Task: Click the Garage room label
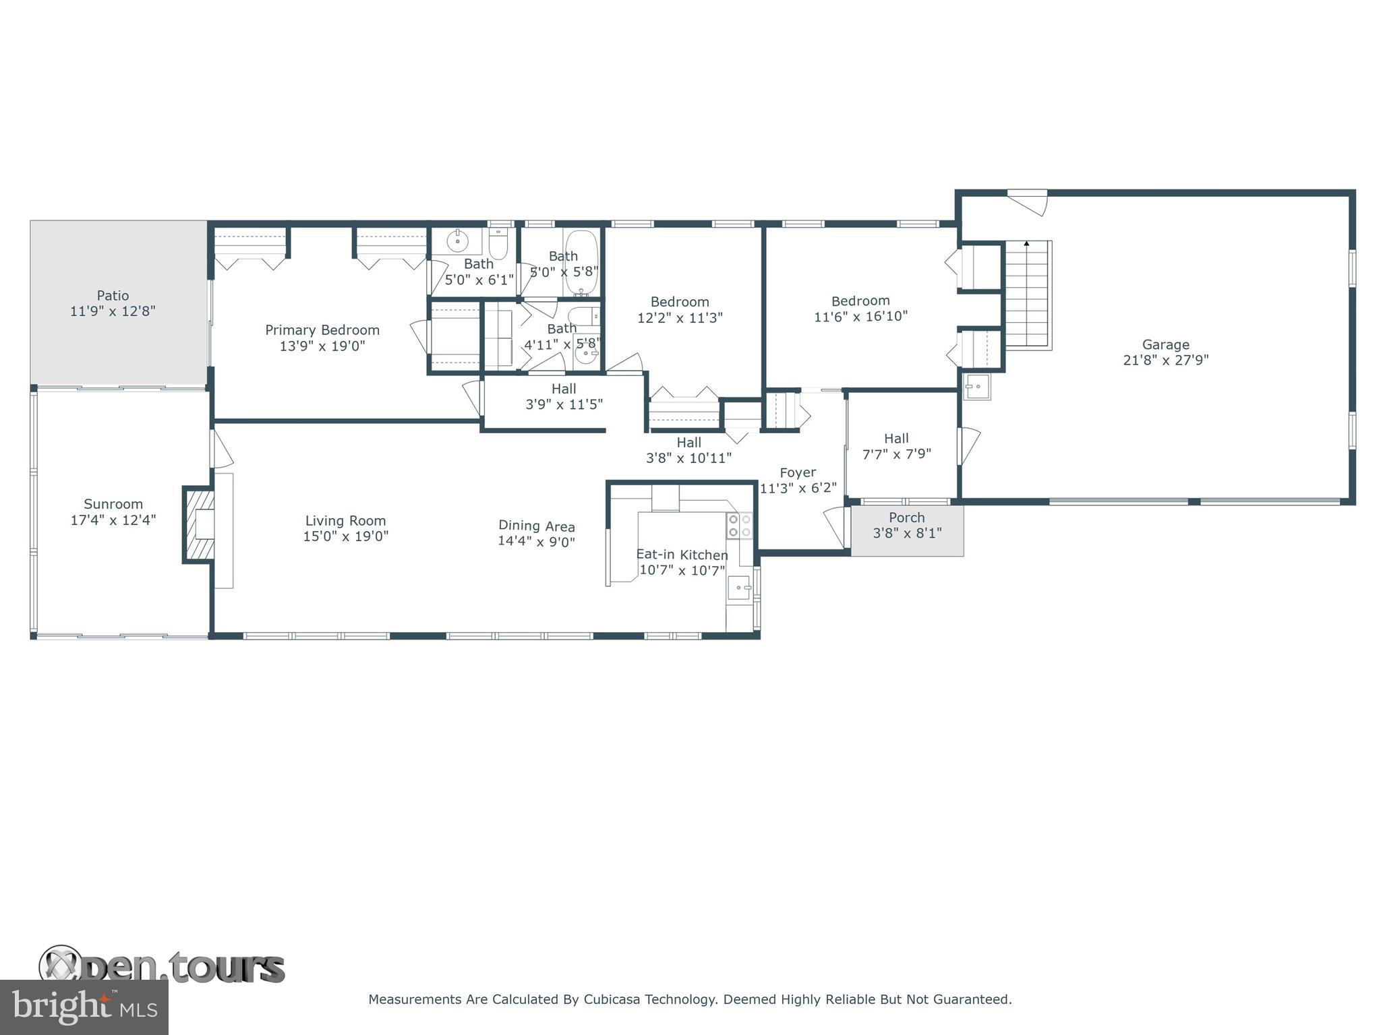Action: pyautogui.click(x=1165, y=344)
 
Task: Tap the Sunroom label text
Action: pyautogui.click(x=113, y=504)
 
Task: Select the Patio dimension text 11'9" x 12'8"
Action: pyautogui.click(x=113, y=311)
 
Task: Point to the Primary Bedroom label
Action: pyautogui.click(x=322, y=330)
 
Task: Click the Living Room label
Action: pyautogui.click(x=346, y=521)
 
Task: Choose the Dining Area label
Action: pyautogui.click(x=537, y=526)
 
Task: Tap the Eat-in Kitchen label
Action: pyautogui.click(x=682, y=555)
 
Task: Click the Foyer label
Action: pyautogui.click(x=798, y=472)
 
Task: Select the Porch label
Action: pyautogui.click(x=907, y=517)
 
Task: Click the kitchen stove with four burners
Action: pyautogui.click(x=740, y=526)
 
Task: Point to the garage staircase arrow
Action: pyautogui.click(x=1026, y=244)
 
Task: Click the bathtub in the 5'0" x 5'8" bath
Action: pyautogui.click(x=581, y=263)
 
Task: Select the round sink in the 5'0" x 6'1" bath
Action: pyautogui.click(x=458, y=241)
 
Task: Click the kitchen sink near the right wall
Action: pyautogui.click(x=740, y=588)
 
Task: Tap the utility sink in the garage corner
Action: pyautogui.click(x=976, y=387)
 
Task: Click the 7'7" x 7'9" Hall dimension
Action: pyautogui.click(x=897, y=454)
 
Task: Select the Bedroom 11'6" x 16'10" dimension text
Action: pyautogui.click(x=861, y=317)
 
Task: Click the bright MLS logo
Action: pyautogui.click(x=84, y=1007)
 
